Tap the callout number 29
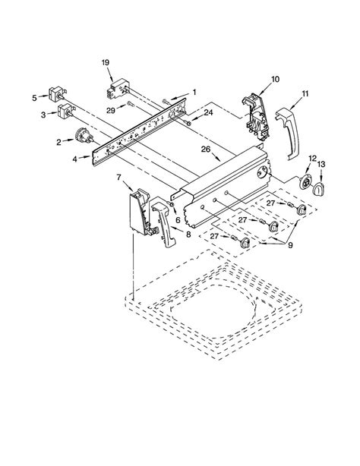click(x=112, y=112)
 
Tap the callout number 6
click(x=178, y=219)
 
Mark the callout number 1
click(x=194, y=93)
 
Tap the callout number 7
click(x=119, y=178)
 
